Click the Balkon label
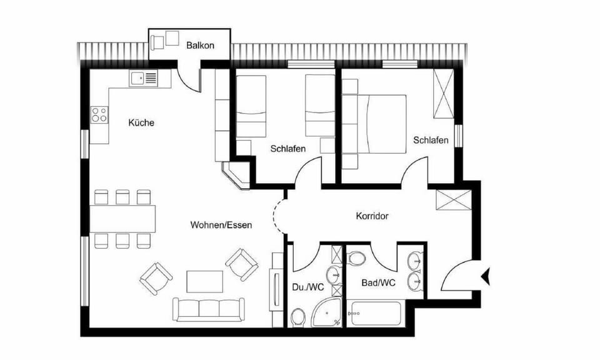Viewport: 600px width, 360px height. [x=201, y=45]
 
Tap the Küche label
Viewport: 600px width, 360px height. [x=141, y=122]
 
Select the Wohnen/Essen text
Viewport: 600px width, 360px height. [x=221, y=225]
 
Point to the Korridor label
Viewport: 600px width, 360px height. [x=372, y=216]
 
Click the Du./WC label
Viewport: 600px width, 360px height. [x=307, y=288]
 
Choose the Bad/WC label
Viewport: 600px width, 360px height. [x=378, y=282]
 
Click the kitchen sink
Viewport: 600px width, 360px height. [x=144, y=78]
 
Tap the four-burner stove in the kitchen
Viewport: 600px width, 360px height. [x=99, y=114]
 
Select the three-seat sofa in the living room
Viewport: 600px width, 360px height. [x=209, y=309]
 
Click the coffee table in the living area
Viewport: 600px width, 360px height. [x=205, y=281]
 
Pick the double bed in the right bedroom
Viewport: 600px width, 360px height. [x=380, y=123]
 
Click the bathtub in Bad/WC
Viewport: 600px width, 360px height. [x=376, y=313]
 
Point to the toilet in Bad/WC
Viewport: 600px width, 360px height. [x=357, y=258]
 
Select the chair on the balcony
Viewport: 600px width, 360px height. [x=157, y=42]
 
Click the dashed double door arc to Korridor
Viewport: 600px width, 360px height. [x=279, y=216]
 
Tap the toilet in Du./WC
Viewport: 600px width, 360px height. [x=298, y=317]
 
